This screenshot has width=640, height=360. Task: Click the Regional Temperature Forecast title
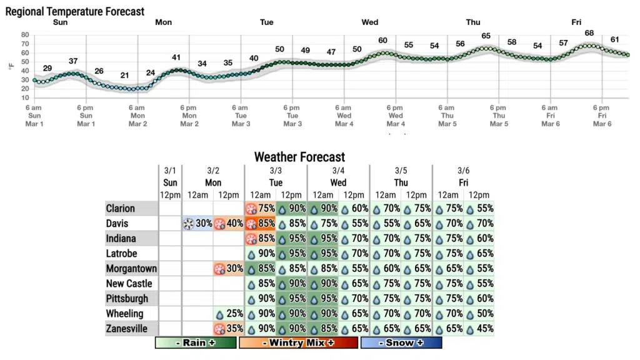point(75,11)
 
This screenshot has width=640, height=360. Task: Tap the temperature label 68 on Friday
point(589,33)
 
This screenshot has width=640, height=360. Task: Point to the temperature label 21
point(124,76)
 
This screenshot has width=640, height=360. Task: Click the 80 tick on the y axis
point(25,35)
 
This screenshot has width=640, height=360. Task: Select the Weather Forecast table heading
point(299,157)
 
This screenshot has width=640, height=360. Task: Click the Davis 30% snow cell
point(197,224)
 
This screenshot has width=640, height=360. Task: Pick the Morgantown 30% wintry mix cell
point(229,269)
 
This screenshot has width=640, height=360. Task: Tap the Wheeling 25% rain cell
point(229,314)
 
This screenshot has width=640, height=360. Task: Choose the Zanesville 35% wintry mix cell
point(229,329)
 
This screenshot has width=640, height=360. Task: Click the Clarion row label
point(120,209)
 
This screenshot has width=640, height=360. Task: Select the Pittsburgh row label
point(127,299)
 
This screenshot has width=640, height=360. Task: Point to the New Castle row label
point(128,284)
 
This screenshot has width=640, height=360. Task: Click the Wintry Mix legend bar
point(298,342)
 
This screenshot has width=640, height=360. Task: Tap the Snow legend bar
point(401,342)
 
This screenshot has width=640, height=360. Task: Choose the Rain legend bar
point(196,342)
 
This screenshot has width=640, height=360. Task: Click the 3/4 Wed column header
point(338,177)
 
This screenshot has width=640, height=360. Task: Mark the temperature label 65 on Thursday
point(486,36)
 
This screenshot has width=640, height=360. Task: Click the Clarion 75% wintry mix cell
point(260,209)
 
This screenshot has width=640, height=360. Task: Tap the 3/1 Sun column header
point(170,177)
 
